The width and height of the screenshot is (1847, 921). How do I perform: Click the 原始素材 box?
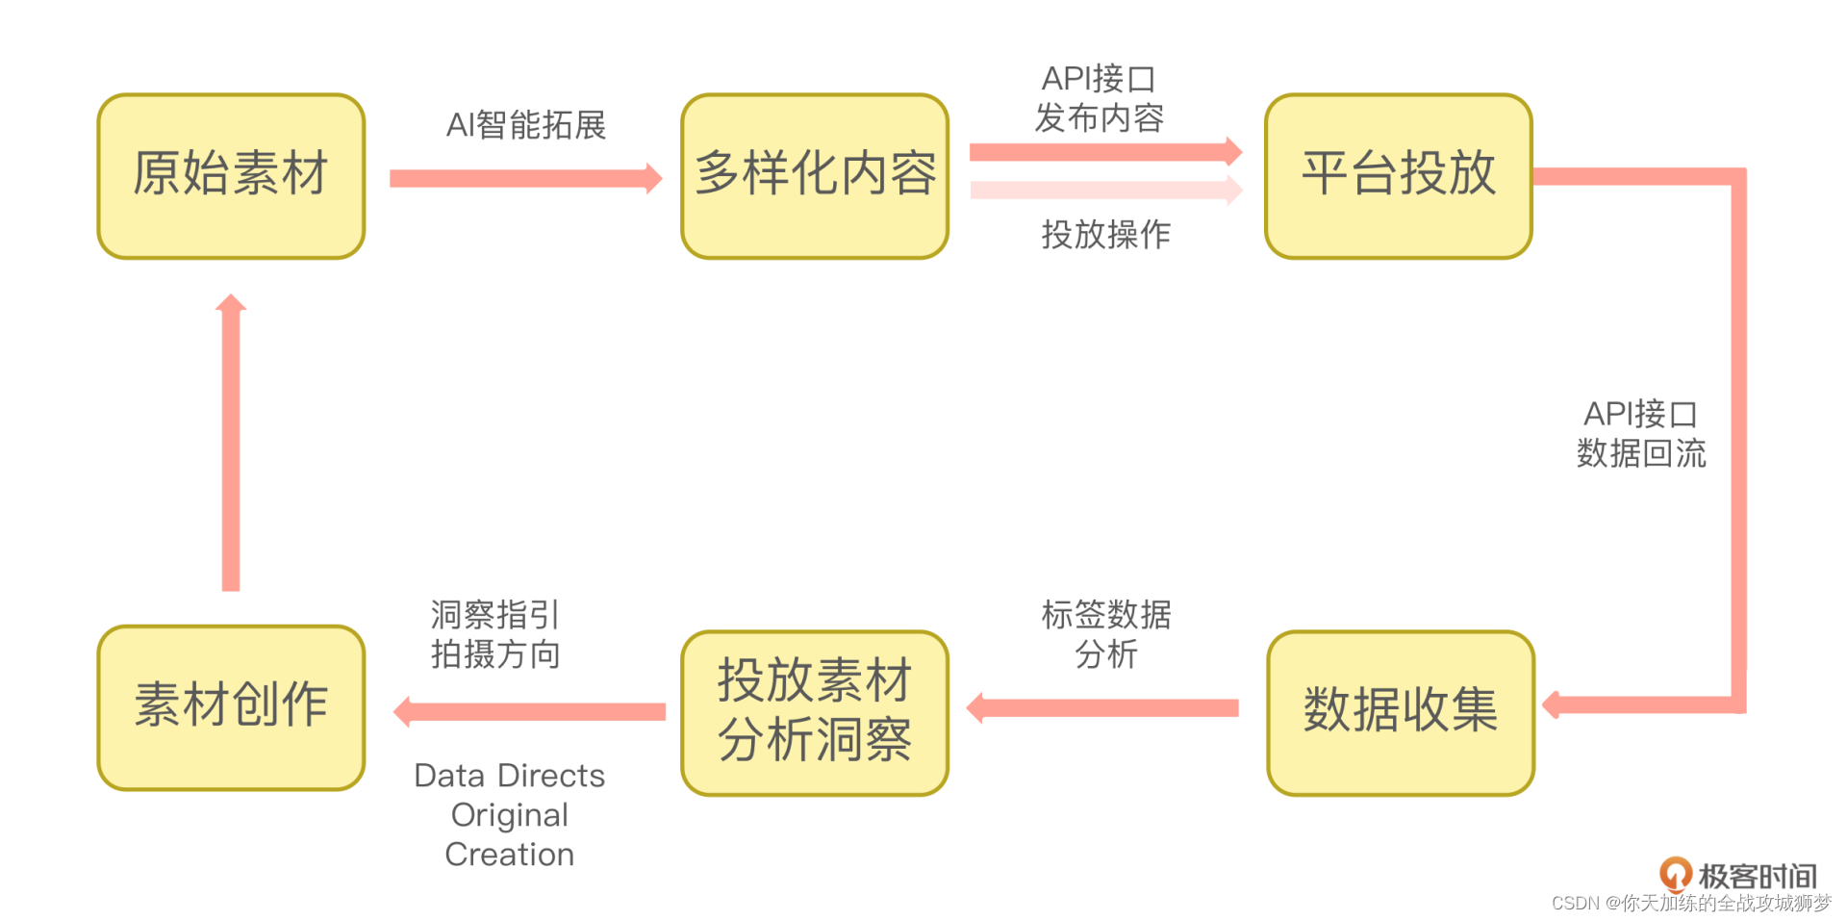[231, 176]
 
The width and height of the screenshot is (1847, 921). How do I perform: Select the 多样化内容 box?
[815, 176]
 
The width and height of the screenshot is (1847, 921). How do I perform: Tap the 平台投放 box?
[1398, 176]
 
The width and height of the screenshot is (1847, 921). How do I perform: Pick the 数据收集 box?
[1400, 712]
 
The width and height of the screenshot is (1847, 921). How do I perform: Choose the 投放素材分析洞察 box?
[815, 712]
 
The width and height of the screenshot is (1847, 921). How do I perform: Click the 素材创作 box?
[231, 707]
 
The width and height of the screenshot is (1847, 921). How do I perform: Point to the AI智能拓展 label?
[525, 125]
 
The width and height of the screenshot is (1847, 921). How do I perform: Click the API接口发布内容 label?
[1099, 98]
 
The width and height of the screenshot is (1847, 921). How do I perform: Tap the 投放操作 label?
[1105, 234]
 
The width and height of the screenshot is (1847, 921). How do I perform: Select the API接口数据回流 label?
[1640, 433]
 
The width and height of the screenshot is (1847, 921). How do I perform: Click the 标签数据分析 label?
[1105, 634]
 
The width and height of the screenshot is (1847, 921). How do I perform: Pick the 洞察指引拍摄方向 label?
[494, 634]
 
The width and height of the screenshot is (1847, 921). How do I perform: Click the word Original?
[509, 815]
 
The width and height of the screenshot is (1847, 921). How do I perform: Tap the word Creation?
[509, 855]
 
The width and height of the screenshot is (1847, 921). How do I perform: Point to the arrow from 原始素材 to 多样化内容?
[524, 178]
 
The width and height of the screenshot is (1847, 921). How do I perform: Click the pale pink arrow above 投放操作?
[1105, 190]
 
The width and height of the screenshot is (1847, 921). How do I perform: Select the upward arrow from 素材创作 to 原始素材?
[231, 443]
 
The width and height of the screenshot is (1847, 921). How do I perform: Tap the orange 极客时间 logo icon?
[1675, 874]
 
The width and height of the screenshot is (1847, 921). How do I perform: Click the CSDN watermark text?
[1691, 903]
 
